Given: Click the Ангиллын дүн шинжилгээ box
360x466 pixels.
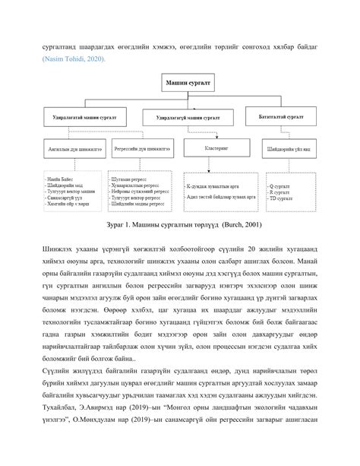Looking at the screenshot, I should pyautogui.click(x=71, y=149).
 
